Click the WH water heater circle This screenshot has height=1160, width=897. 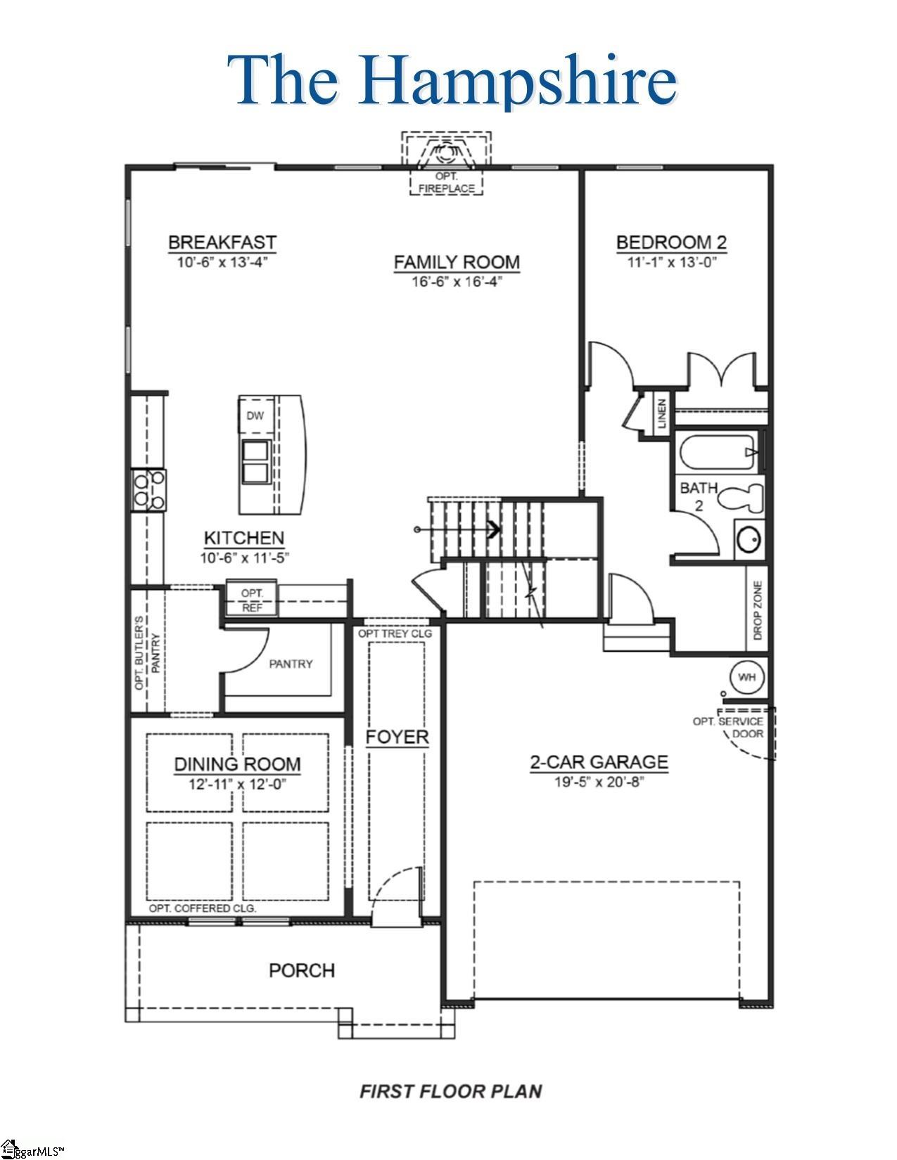click(746, 678)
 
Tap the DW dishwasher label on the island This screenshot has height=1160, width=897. click(255, 415)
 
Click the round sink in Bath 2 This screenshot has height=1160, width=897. click(749, 541)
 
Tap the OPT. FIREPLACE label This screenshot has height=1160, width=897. click(447, 183)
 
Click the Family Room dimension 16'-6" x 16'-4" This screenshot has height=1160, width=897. click(457, 283)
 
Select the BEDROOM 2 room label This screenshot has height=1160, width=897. click(671, 243)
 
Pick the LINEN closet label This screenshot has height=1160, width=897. click(661, 414)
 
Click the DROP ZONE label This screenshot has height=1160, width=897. click(758, 610)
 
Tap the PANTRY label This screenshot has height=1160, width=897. click(291, 664)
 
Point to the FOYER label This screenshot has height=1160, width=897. click(397, 737)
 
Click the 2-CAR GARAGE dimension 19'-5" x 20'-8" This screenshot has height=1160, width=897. click(598, 782)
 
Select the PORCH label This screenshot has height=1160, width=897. click(302, 971)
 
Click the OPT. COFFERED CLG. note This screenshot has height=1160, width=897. click(203, 908)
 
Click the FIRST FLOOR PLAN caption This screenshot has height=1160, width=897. click(450, 1091)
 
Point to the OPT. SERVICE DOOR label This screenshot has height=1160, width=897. click(729, 728)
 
